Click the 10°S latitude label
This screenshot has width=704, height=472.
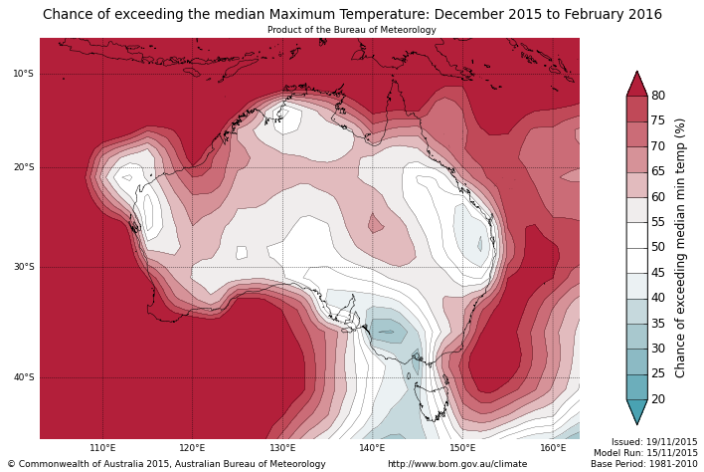[x=23, y=74]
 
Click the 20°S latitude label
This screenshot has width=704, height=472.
[x=23, y=167]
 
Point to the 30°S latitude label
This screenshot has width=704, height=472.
[x=23, y=267]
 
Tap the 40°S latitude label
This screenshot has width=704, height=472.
[x=23, y=377]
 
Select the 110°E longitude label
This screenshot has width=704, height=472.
[x=102, y=448]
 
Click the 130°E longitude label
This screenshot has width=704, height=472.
[x=282, y=448]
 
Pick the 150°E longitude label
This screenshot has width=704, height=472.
[x=462, y=448]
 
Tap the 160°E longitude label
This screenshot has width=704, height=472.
[x=552, y=448]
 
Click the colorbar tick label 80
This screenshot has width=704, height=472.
[x=658, y=96]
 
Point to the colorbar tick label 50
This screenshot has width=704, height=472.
[x=658, y=248]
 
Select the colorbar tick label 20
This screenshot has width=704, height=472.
[x=658, y=399]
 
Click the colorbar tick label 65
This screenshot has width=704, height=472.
[x=658, y=171]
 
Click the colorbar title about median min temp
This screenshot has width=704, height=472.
[x=681, y=248]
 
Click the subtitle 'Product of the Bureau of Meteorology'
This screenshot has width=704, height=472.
[x=351, y=30]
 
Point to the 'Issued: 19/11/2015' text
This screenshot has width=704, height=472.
[x=654, y=442]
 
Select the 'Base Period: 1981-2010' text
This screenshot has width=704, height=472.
[x=644, y=464]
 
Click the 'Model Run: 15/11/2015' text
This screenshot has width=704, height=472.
[x=645, y=453]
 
